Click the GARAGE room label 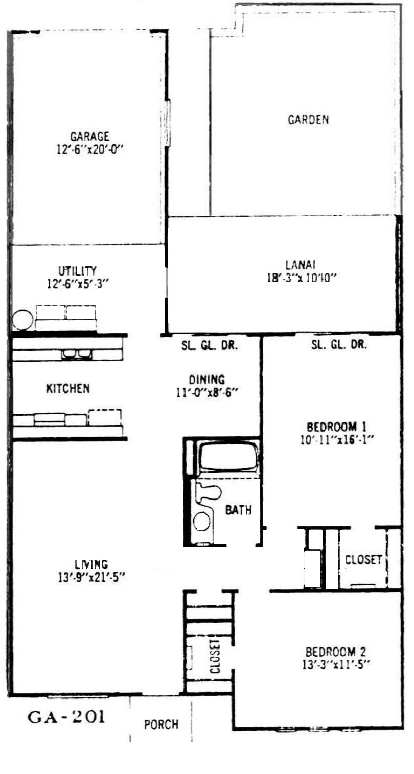pyautogui.click(x=89, y=136)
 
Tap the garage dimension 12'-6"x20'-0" pyautogui.click(x=90, y=150)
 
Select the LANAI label pyautogui.click(x=301, y=265)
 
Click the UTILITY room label pyautogui.click(x=77, y=270)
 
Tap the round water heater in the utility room pyautogui.click(x=22, y=319)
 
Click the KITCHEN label pyautogui.click(x=68, y=388)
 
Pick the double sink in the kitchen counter pyautogui.click(x=76, y=354)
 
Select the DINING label pyautogui.click(x=206, y=380)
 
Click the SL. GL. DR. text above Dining pyautogui.click(x=210, y=346)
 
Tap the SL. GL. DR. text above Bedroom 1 pyautogui.click(x=339, y=345)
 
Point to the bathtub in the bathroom pyautogui.click(x=228, y=457)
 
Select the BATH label pyautogui.click(x=239, y=510)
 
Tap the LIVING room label pyautogui.click(x=91, y=565)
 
